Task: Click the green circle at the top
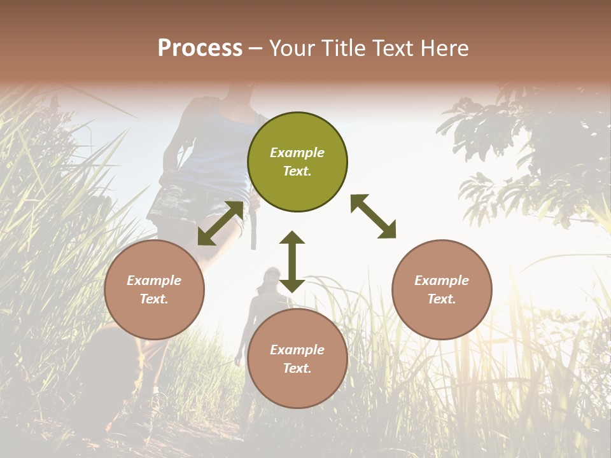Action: [x=297, y=162]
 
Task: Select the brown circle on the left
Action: [x=154, y=289]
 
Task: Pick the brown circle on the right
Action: [x=442, y=289]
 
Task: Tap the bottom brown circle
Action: [x=297, y=359]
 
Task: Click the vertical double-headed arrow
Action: [x=292, y=261]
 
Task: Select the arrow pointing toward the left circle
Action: [x=220, y=223]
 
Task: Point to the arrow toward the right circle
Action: [x=373, y=216]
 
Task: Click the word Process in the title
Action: [x=200, y=48]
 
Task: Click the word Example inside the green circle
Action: [x=297, y=153]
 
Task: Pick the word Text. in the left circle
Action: [x=154, y=299]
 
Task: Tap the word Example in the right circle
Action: [x=442, y=281]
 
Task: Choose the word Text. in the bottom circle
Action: [x=297, y=368]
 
